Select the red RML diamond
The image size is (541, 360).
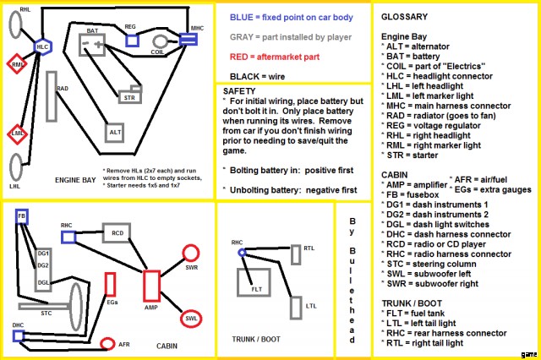(18, 64)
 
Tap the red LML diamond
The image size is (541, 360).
(18, 133)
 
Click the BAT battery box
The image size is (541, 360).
(98, 41)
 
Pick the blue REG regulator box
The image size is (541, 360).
(132, 39)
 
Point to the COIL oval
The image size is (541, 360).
(160, 41)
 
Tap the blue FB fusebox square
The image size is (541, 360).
(22, 215)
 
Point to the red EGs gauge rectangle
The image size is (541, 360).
(111, 285)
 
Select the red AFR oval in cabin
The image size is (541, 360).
(108, 343)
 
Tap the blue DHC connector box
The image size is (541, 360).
(18, 335)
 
